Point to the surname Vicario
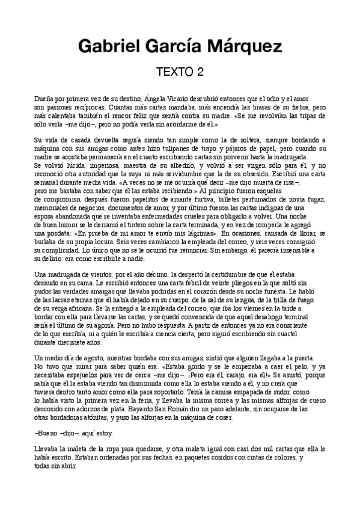[177, 98]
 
